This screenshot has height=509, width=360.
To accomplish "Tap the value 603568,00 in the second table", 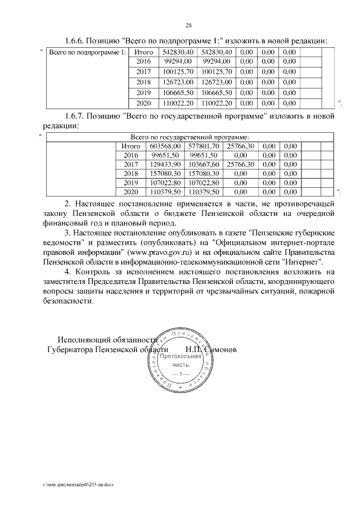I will click(164, 146).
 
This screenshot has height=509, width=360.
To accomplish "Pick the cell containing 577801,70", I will click(204, 146).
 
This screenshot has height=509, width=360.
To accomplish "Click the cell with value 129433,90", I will click(164, 164).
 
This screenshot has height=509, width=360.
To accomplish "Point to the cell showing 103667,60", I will click(204, 164).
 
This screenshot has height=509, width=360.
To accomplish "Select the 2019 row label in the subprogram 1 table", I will click(144, 92).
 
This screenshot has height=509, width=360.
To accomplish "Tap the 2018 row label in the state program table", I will click(130, 173).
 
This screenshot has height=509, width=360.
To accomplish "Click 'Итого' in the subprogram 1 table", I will click(144, 52).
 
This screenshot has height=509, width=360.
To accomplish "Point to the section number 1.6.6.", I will click(76, 40).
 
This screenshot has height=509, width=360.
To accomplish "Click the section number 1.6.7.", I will click(76, 116).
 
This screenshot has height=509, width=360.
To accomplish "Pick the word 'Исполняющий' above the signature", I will click(82, 339).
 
